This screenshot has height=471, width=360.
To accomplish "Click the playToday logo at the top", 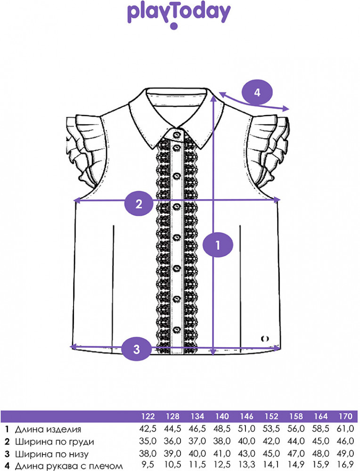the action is [x=179, y=15].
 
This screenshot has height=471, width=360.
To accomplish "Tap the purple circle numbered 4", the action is [x=257, y=92].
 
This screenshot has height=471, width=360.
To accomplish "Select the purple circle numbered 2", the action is [x=139, y=204].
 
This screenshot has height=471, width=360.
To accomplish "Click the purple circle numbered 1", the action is [x=218, y=245].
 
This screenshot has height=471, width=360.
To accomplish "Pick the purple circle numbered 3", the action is [x=137, y=349].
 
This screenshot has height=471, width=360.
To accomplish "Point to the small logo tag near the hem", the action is [x=265, y=339].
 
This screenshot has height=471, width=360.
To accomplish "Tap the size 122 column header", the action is [x=148, y=416].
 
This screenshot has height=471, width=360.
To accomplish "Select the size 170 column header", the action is [x=345, y=416].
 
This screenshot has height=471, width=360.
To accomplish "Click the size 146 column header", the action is [x=247, y=416].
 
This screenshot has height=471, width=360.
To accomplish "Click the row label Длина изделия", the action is [x=48, y=429].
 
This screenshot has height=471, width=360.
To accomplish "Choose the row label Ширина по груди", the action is [x=54, y=442].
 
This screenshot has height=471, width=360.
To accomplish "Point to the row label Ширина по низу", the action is [x=52, y=454].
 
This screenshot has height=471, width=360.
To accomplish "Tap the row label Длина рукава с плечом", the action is [x=69, y=466].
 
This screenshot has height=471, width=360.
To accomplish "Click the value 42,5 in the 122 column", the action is [x=147, y=429].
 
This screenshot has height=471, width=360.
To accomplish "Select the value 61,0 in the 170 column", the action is [x=345, y=429].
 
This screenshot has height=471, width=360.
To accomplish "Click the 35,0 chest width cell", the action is [x=147, y=441].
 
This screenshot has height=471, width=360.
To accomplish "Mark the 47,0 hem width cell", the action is [x=296, y=453].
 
